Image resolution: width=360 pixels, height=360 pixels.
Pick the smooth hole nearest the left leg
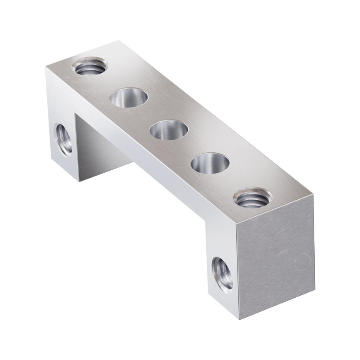click(129, 98)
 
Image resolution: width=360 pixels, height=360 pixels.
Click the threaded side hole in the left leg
click(64, 138)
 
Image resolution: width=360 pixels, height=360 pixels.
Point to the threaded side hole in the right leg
click(222, 274)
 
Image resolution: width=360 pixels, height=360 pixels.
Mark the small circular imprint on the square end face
click(300, 263)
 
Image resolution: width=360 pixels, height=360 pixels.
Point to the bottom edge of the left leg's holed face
click(64, 171)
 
